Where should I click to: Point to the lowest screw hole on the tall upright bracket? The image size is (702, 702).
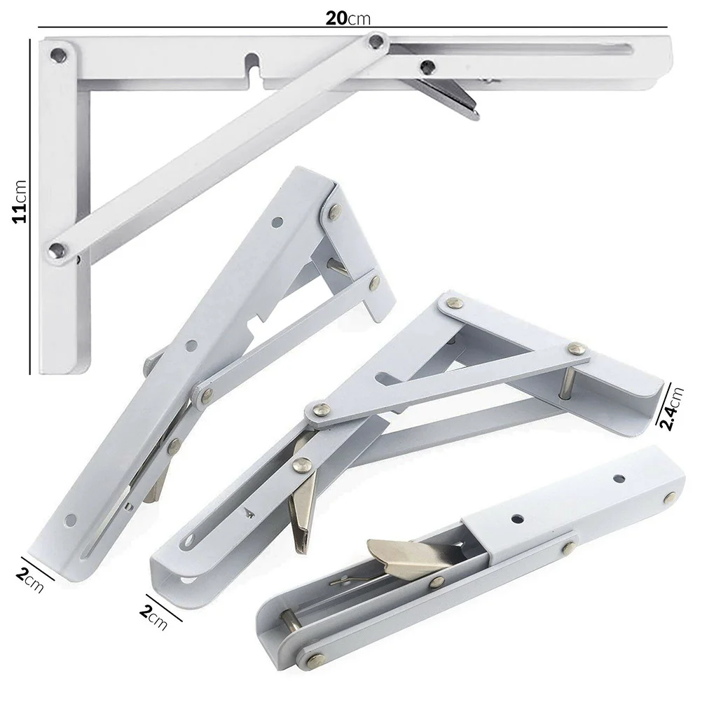70,519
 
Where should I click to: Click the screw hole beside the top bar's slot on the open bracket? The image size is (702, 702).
425,67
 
